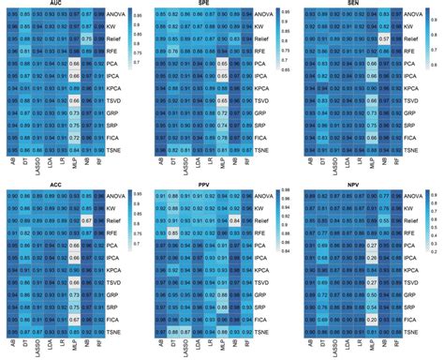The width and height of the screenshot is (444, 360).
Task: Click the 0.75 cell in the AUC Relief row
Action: (85, 40)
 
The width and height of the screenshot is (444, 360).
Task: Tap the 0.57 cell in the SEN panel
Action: (384, 40)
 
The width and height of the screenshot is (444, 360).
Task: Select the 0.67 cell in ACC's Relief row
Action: (85, 221)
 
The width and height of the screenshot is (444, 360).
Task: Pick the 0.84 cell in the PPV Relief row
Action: (235, 221)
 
